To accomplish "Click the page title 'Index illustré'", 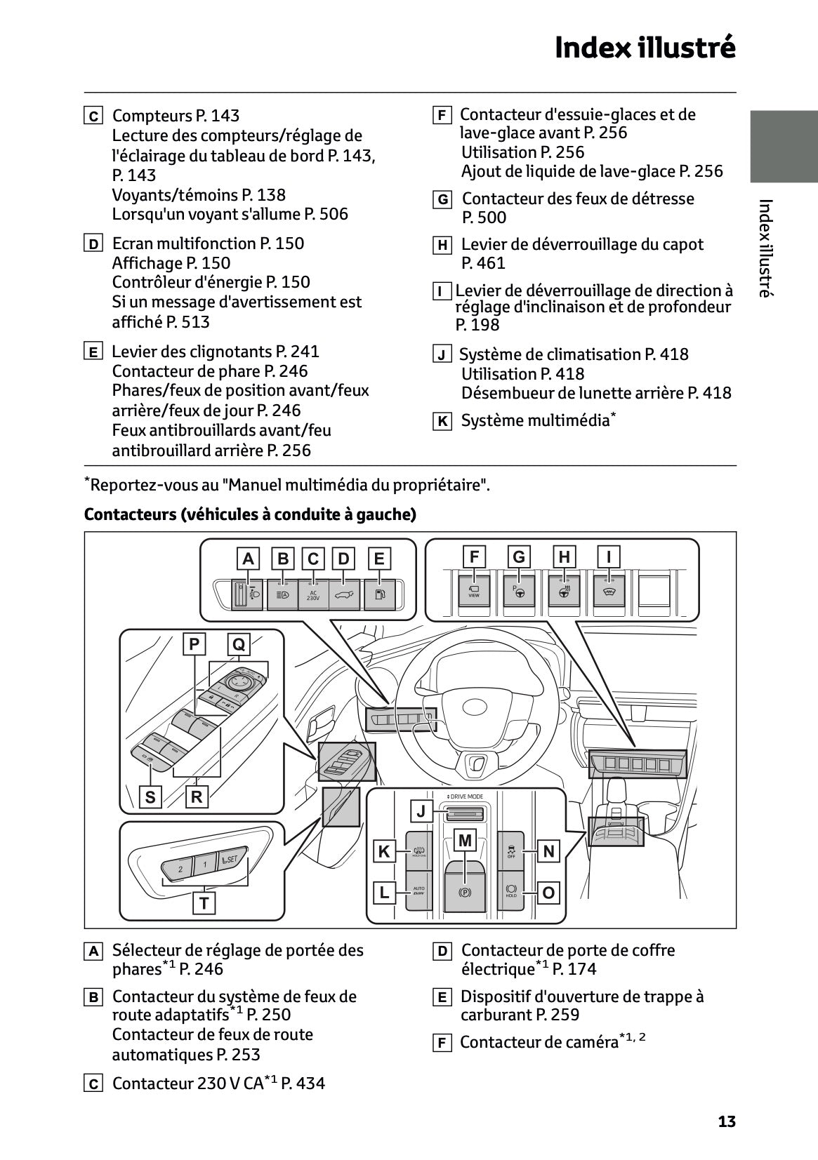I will (645, 48).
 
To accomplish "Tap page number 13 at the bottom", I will (727, 1121).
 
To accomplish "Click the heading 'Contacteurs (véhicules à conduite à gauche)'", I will (250, 514).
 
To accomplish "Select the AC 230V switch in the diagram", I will (313, 595).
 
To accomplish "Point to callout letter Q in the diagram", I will (239, 644).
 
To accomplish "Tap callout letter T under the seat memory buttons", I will (204, 902).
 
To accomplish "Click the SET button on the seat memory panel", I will (231, 859).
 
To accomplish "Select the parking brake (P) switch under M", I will (465, 891).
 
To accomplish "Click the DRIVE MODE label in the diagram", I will (466, 796).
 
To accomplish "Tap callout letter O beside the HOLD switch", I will (548, 893).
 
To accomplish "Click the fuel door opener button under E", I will (380, 595).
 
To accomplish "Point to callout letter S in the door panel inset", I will (150, 796).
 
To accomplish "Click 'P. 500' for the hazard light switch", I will (484, 218).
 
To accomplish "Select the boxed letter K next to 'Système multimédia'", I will (442, 422).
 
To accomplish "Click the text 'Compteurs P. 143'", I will (176, 116).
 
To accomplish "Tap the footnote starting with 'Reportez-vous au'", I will (288, 485).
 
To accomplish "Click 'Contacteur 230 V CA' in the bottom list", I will (188, 1084).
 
